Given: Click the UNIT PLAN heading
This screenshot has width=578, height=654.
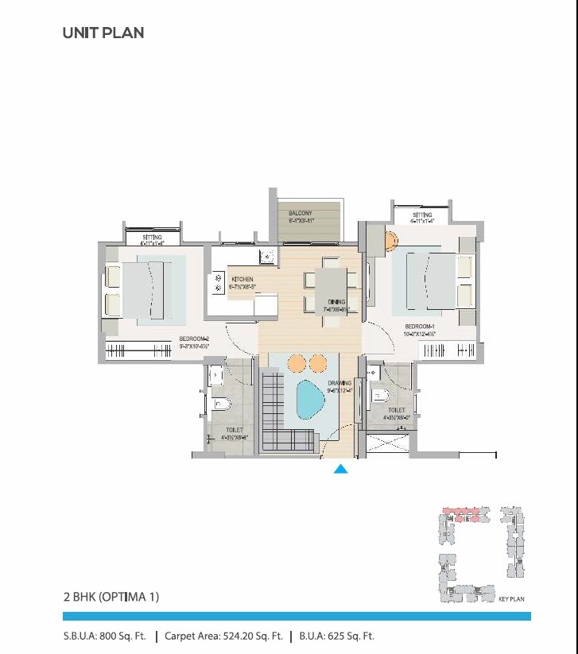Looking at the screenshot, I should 103,33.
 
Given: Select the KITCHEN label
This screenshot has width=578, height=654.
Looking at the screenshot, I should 242,280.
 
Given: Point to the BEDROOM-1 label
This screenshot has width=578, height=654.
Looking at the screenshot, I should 419,327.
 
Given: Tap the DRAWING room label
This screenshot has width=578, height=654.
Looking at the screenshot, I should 339,383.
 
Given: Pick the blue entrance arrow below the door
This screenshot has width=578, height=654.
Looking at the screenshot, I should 340,469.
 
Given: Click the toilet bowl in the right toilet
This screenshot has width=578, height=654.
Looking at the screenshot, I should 380,395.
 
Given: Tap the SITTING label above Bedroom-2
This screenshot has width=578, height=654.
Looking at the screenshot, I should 151,238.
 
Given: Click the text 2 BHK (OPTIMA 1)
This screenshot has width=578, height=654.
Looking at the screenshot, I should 111,596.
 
